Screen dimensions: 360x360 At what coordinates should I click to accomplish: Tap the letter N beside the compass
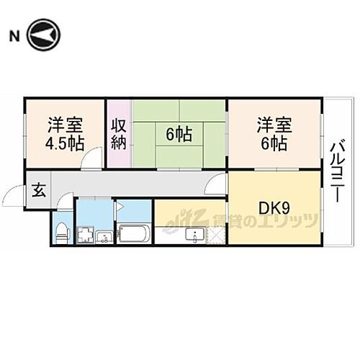(x=13, y=34)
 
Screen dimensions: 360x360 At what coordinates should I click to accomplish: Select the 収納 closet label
(x=119, y=133)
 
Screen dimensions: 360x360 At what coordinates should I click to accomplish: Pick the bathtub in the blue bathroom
(x=133, y=234)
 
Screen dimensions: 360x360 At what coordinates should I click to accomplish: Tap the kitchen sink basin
(x=194, y=235)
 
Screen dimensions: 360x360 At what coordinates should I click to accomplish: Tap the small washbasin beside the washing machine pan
(x=104, y=236)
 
